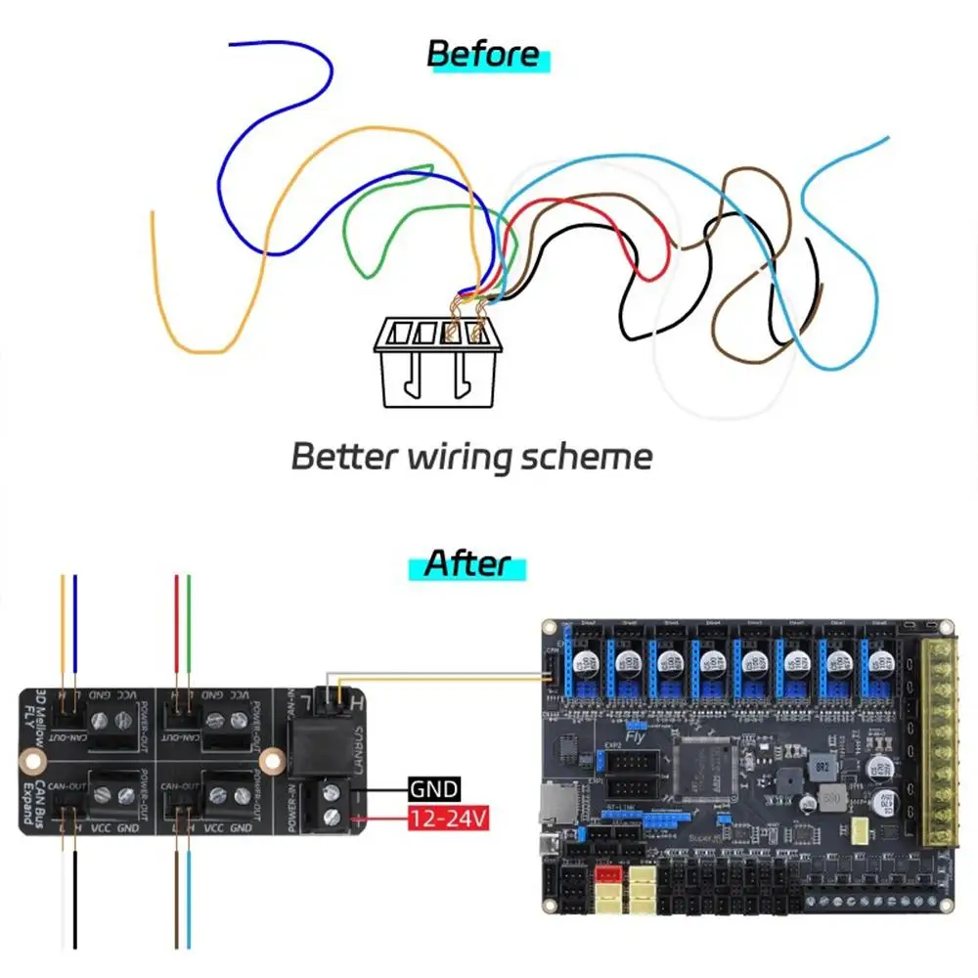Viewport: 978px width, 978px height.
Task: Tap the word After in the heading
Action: point(467,564)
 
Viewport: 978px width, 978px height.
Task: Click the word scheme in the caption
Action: point(590,456)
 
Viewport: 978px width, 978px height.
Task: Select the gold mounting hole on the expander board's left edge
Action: point(32,758)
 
